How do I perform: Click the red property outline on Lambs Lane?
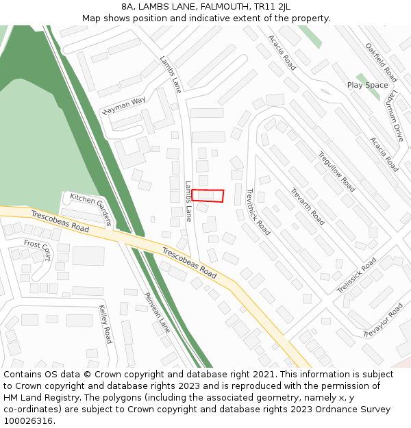click(208, 196)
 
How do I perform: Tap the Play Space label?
click(367, 86)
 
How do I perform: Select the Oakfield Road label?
click(381, 62)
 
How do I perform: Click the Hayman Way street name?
click(124, 105)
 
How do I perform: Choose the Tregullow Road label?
click(336, 171)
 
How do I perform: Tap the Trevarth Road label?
click(308, 207)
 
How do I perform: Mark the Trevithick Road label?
click(258, 212)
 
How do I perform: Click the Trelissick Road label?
click(356, 276)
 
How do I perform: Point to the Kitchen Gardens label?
click(90, 210)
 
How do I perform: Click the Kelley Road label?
click(105, 325)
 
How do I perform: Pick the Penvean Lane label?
click(157, 313)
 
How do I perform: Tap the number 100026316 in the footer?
click(28, 421)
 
